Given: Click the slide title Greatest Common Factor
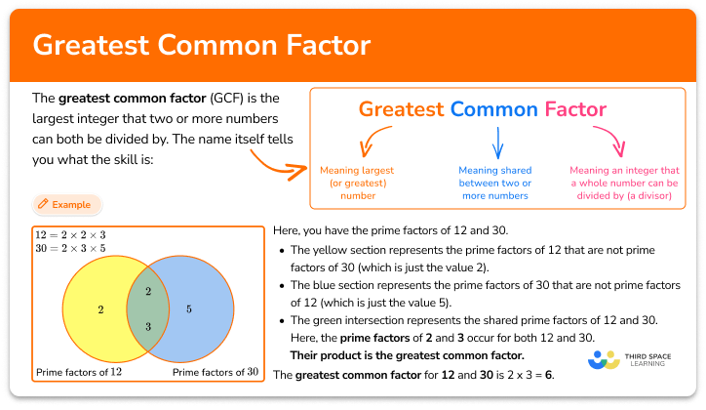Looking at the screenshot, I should tap(201, 46).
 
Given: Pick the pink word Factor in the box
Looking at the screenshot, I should tap(575, 109).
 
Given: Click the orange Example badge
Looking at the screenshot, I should tap(66, 205).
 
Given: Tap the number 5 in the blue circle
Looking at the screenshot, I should tap(189, 309).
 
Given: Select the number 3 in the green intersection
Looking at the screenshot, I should tap(147, 326).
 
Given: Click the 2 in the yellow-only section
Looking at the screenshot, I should tap(100, 309).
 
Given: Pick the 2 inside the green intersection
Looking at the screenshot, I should tap(147, 292).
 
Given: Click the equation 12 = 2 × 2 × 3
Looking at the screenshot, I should tap(70, 235).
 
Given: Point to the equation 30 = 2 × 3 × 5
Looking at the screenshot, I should tap(70, 249).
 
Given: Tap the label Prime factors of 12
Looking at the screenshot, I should tap(77, 372).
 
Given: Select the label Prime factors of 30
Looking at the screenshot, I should tap(215, 372).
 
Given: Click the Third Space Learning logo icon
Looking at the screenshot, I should tap(605, 360).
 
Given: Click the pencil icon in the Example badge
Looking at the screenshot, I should tap(42, 205).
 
